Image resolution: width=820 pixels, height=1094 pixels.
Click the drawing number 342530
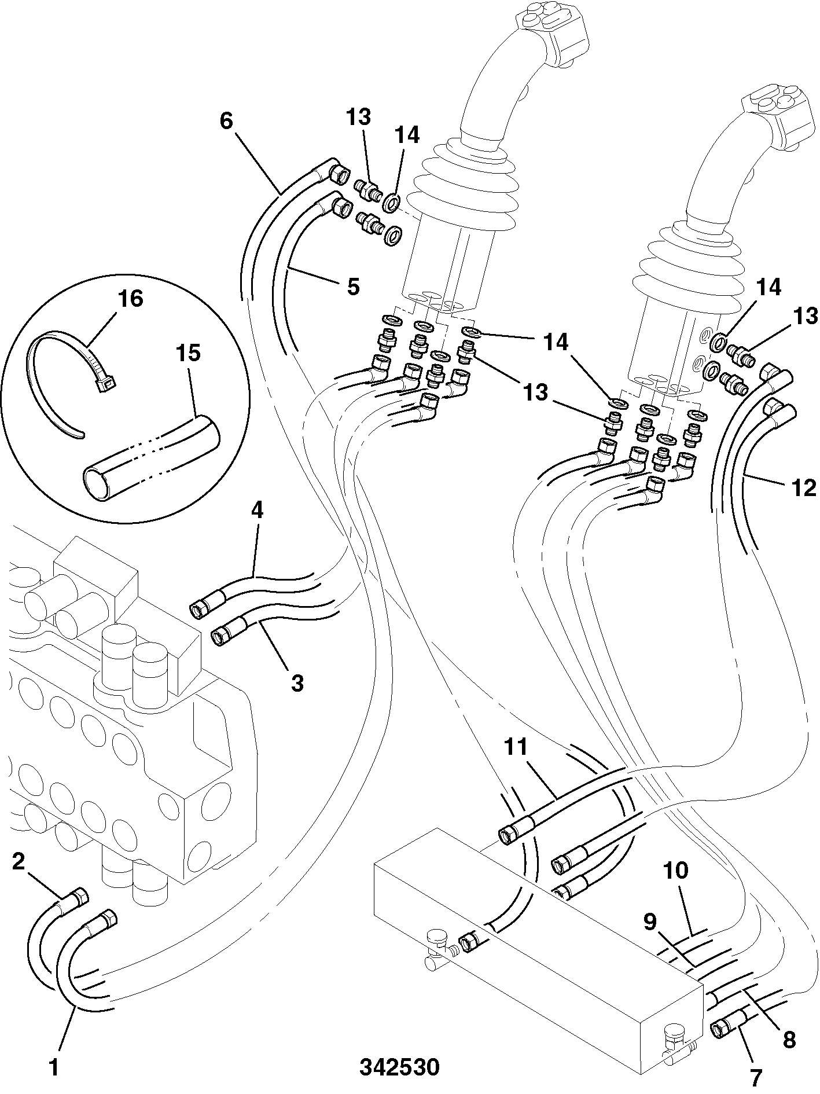click(399, 1067)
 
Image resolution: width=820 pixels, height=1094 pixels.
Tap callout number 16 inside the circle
click(130, 299)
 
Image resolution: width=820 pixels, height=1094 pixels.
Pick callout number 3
click(296, 683)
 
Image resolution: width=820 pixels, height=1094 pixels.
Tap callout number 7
click(756, 1077)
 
